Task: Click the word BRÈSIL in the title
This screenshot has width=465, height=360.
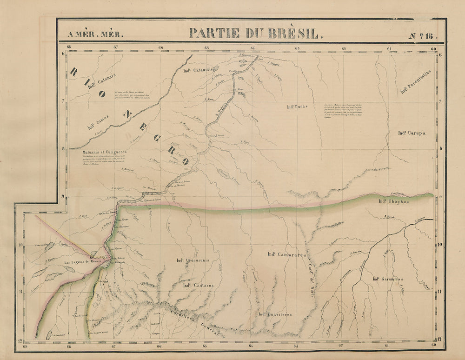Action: [292, 33]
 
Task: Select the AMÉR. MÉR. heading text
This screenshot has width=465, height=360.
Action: [96, 34]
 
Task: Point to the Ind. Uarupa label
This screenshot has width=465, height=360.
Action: [412, 133]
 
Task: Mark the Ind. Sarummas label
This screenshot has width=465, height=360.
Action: [387, 279]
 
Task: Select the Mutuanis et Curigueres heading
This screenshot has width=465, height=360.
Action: [98, 151]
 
